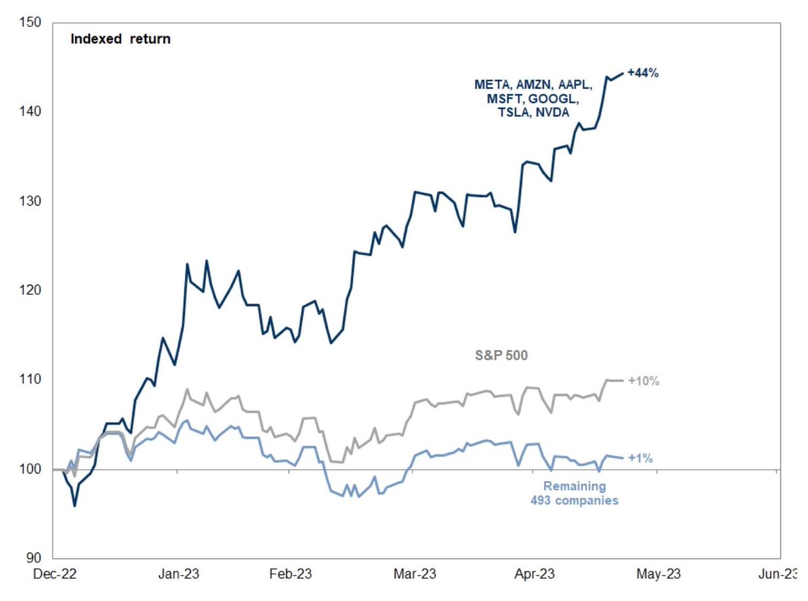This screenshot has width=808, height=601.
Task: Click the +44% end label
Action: [642, 73]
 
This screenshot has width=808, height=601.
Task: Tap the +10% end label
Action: [643, 381]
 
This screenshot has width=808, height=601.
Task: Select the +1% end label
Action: [640, 458]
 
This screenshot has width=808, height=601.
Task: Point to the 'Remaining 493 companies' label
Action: [574, 493]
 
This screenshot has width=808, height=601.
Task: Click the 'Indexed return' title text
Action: [121, 39]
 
